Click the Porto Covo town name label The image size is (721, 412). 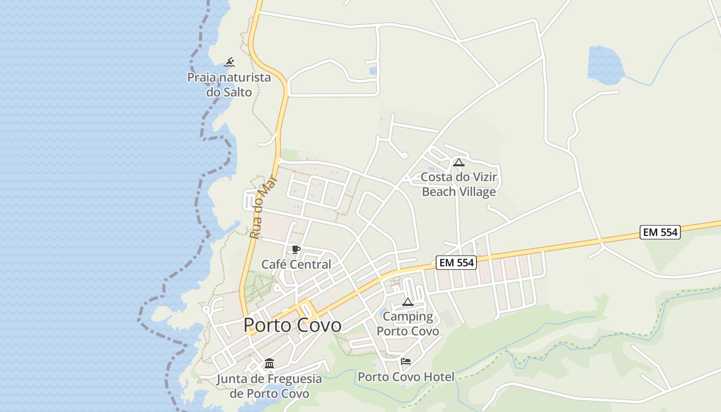[x=292, y=325]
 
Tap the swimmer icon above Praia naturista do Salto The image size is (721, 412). [x=229, y=63]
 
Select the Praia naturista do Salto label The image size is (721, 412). [x=229, y=85]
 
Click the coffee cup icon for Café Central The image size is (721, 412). [x=296, y=250]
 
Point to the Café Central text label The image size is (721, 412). [x=296, y=264]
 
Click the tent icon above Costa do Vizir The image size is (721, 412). [x=458, y=163]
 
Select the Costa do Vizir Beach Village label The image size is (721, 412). [x=459, y=184]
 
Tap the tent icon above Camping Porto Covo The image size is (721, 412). [x=407, y=302]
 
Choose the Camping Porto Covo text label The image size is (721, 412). [x=408, y=323]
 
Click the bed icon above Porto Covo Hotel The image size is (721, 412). [x=406, y=362]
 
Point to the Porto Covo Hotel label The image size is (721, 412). [x=406, y=377]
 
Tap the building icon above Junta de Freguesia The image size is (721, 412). [x=269, y=364]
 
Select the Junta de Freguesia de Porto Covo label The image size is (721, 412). [x=269, y=386]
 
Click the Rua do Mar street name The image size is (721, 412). [x=263, y=208]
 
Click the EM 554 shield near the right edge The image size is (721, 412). [x=660, y=232]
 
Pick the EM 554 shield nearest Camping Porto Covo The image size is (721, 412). [x=455, y=263]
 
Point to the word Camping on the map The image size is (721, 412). [x=408, y=316]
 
